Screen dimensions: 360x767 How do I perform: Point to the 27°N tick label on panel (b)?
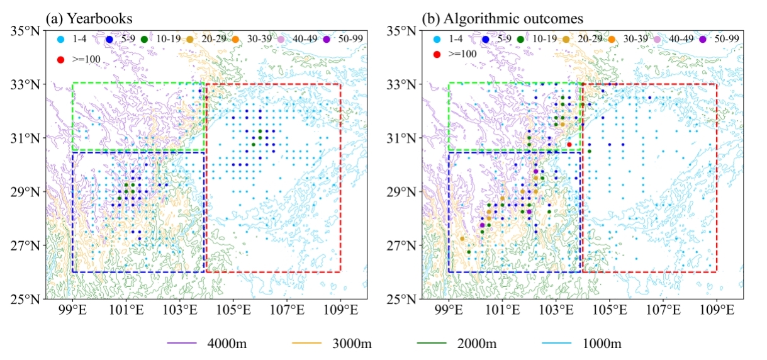(405, 245)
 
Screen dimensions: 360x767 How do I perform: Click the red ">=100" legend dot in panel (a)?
(60, 60)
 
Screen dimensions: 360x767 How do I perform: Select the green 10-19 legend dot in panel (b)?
(522, 40)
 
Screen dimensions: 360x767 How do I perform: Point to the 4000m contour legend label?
(223, 344)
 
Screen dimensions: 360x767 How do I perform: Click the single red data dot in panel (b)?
(569, 145)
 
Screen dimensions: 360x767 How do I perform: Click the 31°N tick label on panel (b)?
(405, 138)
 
